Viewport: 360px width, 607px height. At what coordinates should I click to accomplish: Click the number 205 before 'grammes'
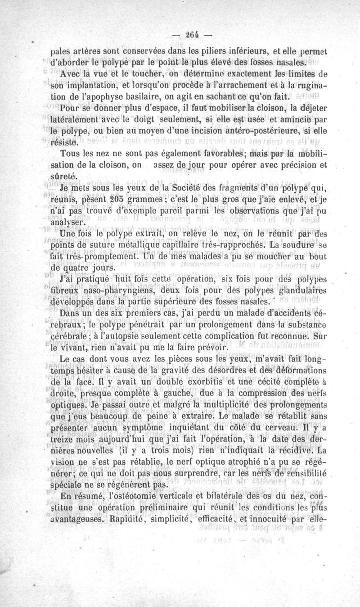point(110,200)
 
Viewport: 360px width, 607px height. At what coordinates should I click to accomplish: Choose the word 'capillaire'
point(170,245)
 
